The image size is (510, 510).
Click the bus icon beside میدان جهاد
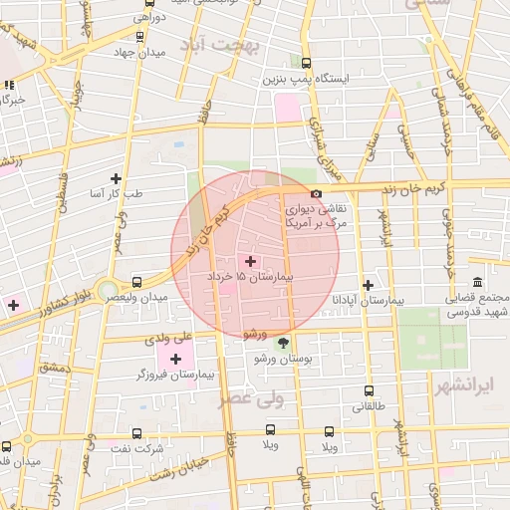(138, 37)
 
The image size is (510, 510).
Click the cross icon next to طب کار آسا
(117, 178)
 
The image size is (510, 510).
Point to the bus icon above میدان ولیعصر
(137, 282)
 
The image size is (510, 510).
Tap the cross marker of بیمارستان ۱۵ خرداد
(249, 261)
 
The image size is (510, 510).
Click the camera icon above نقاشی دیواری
(317, 194)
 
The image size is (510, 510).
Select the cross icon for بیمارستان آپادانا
(369, 285)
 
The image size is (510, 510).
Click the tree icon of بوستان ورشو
(282, 343)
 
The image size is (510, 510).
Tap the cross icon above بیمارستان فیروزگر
(175, 359)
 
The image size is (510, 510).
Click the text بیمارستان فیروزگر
(174, 376)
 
